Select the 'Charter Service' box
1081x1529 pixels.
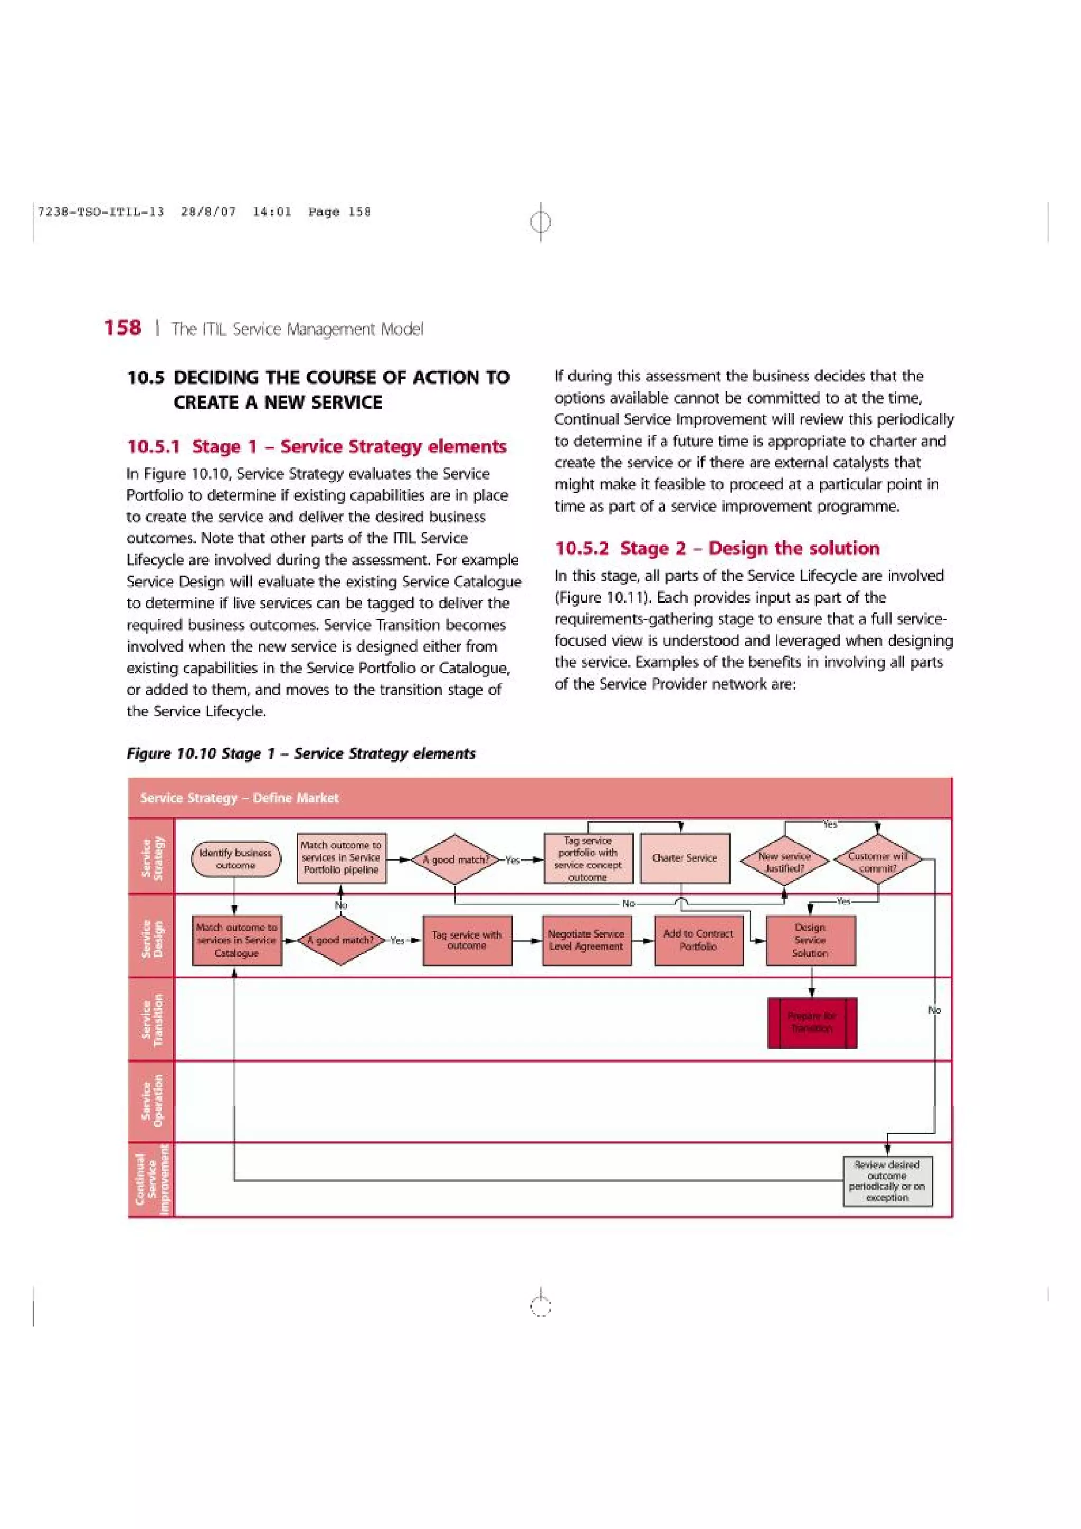pyautogui.click(x=685, y=858)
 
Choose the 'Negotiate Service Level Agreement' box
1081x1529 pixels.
pyautogui.click(x=586, y=940)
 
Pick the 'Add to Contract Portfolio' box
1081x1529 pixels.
pyautogui.click(x=698, y=940)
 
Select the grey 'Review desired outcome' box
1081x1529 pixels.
pyautogui.click(x=887, y=1181)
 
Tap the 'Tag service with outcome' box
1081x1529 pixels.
pyautogui.click(x=467, y=940)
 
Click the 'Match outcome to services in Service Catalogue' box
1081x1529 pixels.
pyautogui.click(x=236, y=940)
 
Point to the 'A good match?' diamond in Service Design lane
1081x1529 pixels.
pyautogui.click(x=340, y=940)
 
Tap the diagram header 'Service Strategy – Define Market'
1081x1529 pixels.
pyautogui.click(x=239, y=798)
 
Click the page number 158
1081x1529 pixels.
pyautogui.click(x=122, y=328)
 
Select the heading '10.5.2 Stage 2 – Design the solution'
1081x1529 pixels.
pyautogui.click(x=717, y=549)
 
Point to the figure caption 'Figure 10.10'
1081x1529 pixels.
pyautogui.click(x=301, y=754)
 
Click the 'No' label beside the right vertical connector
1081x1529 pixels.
pyautogui.click(x=934, y=1010)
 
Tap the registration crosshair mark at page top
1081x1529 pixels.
pyautogui.click(x=541, y=221)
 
